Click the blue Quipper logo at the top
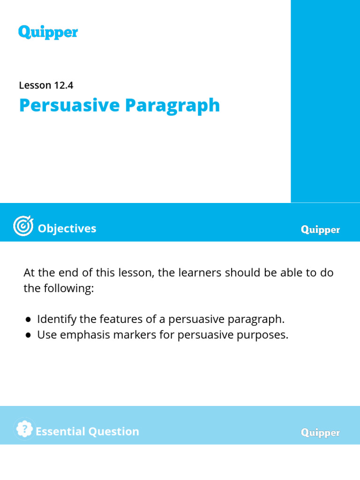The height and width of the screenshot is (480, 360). [48, 32]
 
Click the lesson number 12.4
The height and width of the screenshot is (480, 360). [63, 85]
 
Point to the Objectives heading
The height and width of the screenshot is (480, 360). [67, 228]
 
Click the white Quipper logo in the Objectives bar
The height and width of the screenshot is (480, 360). [320, 230]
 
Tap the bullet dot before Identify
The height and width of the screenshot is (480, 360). [29, 320]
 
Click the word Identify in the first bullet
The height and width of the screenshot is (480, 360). [54, 319]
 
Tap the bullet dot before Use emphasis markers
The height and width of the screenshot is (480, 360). [29, 336]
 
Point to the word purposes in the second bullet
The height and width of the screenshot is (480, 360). [263, 336]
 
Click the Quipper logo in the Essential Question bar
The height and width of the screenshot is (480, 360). [320, 433]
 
